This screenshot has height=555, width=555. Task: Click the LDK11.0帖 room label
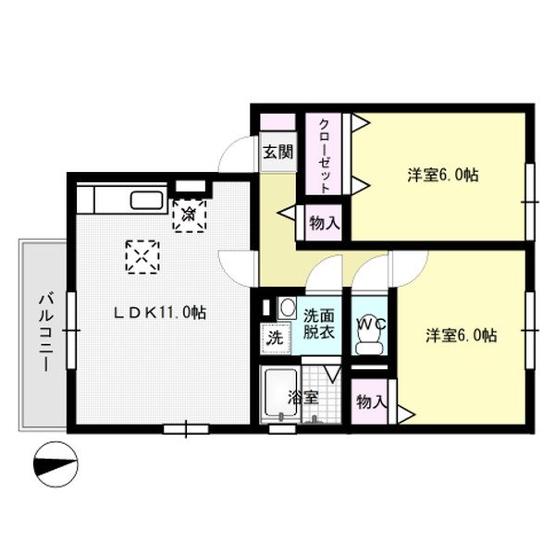(x=159, y=314)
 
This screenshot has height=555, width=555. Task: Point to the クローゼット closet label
(x=325, y=156)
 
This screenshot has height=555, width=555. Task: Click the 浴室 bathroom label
(x=302, y=398)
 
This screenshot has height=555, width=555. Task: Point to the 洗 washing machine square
(x=275, y=339)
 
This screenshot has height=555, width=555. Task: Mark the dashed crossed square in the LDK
(x=142, y=257)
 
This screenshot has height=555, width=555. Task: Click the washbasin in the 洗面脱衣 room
(x=287, y=308)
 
